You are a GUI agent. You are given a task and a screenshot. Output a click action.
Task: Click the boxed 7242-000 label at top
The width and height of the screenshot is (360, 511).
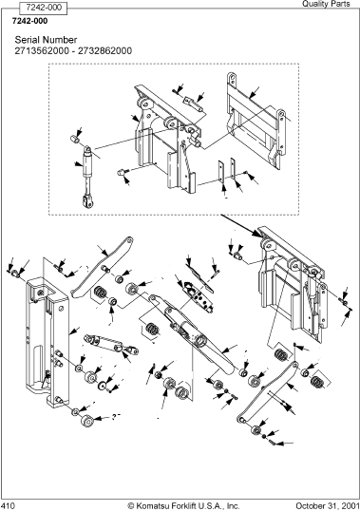pyautogui.click(x=43, y=8)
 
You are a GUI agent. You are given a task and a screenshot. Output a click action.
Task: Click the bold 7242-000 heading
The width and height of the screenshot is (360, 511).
pyautogui.click(x=29, y=21)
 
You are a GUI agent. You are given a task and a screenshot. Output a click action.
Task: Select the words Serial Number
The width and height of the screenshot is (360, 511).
pyautogui.click(x=46, y=40)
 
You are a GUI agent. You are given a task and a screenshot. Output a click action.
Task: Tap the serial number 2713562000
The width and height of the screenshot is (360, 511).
pyautogui.click(x=42, y=51)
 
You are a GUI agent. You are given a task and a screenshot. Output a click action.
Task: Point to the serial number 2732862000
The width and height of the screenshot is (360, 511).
pyautogui.click(x=104, y=51)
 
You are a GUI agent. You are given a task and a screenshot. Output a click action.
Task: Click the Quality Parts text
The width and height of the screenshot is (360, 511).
pyautogui.click(x=326, y=4)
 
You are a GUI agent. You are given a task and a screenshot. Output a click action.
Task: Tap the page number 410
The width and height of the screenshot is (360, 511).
pyautogui.click(x=8, y=506)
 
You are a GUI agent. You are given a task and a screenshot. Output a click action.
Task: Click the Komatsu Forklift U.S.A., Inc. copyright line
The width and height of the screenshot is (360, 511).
pyautogui.click(x=183, y=506)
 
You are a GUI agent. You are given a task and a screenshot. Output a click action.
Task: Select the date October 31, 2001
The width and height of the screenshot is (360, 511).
pyautogui.click(x=327, y=506)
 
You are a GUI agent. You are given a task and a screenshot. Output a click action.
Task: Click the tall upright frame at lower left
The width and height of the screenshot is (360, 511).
pyautogui.click(x=47, y=341)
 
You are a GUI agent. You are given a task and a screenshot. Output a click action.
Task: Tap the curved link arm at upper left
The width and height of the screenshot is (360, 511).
pyautogui.click(x=102, y=267)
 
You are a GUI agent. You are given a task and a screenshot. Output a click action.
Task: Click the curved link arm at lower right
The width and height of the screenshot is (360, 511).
pyautogui.click(x=267, y=392)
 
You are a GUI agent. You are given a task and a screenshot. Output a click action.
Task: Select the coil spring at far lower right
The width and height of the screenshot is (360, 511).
pyautogui.click(x=315, y=381)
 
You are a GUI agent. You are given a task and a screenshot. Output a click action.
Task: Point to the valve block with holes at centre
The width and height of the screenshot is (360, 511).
pyautogui.click(x=199, y=296)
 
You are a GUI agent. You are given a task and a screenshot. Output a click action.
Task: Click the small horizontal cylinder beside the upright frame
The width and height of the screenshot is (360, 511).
pyautogui.click(x=111, y=344)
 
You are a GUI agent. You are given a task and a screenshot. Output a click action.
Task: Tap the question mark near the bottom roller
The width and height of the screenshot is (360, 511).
pyautogui.click(x=114, y=416)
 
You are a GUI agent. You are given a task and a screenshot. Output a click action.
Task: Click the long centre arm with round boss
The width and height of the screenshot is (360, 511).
pyautogui.click(x=192, y=334)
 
